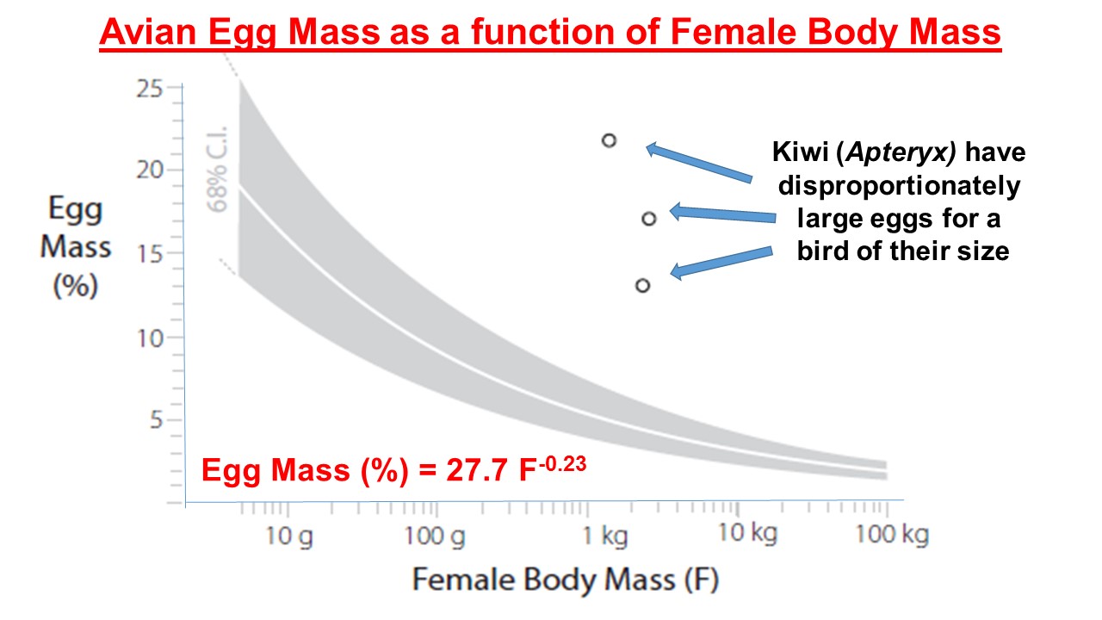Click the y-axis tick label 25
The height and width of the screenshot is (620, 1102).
pos(149,89)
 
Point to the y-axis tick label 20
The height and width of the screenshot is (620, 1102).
pos(150,170)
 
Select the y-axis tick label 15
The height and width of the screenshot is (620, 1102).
pos(150,254)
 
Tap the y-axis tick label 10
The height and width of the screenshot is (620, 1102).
pos(150,338)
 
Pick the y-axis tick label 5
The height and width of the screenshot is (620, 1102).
pos(156,420)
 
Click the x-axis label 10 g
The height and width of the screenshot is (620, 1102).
pos(289,536)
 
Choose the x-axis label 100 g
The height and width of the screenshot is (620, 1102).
pos(435,536)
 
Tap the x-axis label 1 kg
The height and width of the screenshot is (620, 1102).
pos(605,536)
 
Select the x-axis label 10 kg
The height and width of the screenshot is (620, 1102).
pos(748,533)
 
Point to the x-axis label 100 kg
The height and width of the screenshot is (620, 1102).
pos(893,535)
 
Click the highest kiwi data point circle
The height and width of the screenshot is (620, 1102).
pos(609,140)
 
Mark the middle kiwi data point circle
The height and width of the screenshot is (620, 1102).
pos(649,219)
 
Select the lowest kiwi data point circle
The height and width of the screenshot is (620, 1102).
pos(642,285)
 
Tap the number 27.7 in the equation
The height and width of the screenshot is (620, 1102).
pos(476,470)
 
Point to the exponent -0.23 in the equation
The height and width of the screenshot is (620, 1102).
pos(562,464)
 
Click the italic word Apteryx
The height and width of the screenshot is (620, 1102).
pos(901,152)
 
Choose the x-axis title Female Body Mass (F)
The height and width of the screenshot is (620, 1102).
pos(566,580)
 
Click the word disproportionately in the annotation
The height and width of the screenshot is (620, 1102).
pos(900,186)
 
